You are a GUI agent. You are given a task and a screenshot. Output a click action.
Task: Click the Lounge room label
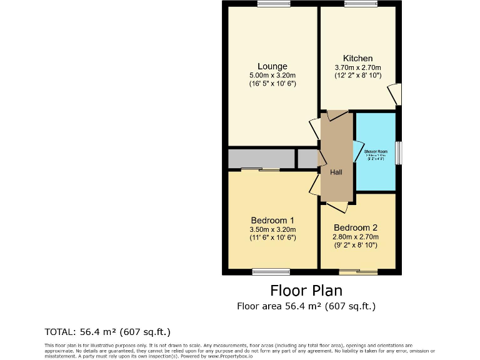[272, 66]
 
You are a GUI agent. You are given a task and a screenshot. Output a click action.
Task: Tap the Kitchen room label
[357, 59]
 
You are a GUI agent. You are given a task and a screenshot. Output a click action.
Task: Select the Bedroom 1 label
[272, 220]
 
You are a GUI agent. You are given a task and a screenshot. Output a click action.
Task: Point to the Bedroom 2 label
[355, 228]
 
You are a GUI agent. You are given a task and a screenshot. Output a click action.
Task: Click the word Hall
[336, 172]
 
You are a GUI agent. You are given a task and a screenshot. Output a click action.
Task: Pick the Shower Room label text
[376, 152]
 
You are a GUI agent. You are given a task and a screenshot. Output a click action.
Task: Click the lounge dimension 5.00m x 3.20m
[272, 75]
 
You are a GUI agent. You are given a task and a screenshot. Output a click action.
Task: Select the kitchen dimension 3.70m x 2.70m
[357, 67]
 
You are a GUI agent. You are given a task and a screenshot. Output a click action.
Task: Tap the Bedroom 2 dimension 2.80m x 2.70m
[356, 237]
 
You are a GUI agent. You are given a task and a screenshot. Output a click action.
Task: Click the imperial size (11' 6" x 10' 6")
[272, 237]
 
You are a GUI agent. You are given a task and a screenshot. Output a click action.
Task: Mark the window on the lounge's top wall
[273, 4]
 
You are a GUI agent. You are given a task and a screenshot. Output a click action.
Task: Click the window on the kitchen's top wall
[360, 4]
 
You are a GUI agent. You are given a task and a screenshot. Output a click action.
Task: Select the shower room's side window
[398, 153]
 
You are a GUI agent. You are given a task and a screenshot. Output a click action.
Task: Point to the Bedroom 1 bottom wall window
[271, 271]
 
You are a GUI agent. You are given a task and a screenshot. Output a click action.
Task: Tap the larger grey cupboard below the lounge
[261, 159]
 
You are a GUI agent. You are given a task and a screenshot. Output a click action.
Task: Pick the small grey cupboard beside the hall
[307, 159]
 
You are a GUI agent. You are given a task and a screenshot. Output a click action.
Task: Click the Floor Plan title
[306, 291]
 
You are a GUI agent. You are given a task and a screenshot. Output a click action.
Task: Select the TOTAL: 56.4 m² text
[107, 331]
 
